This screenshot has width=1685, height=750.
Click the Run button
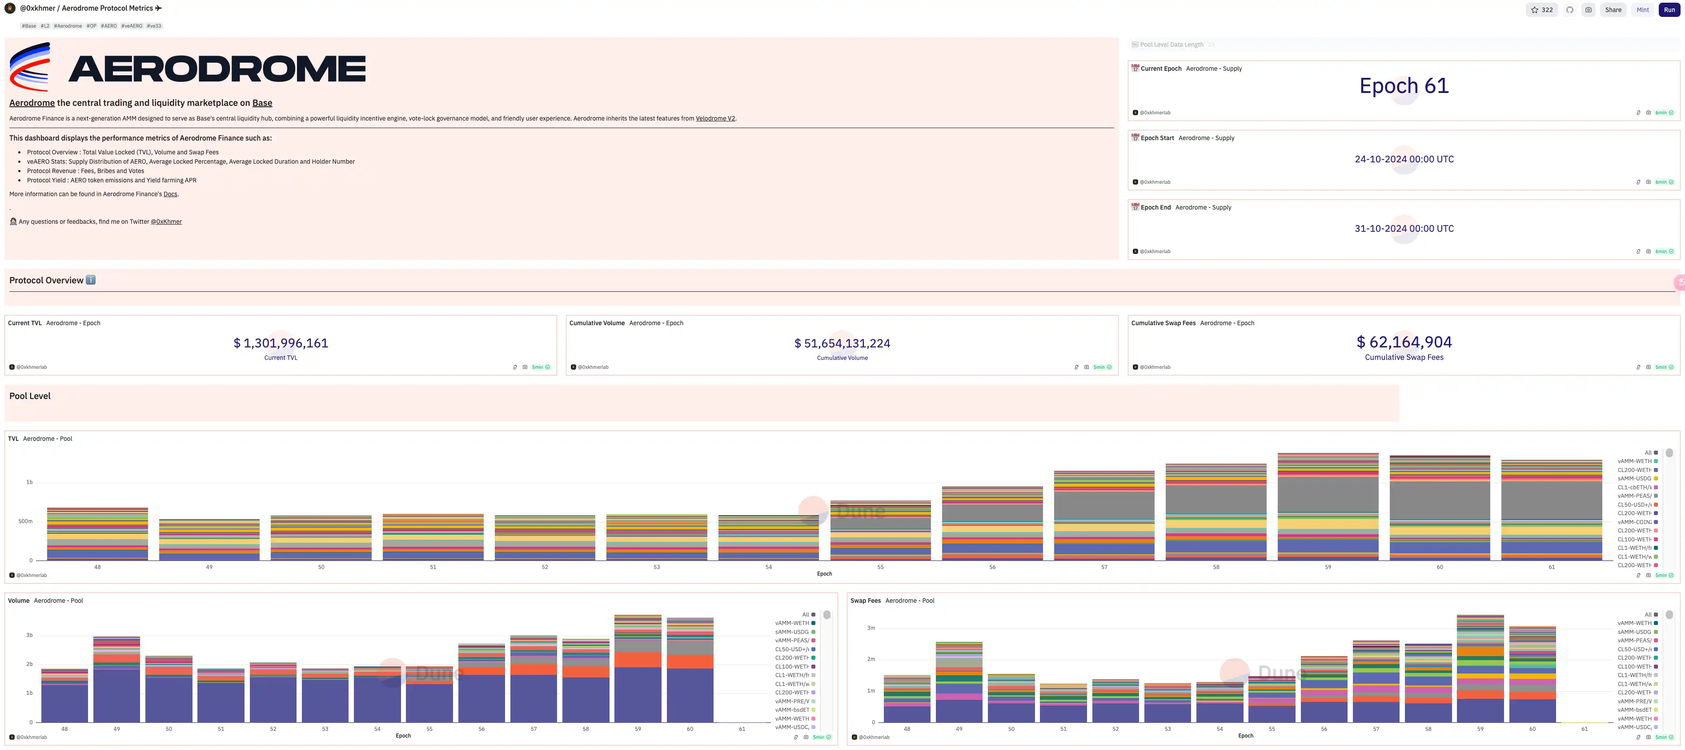1669,10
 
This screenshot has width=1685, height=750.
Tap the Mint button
1642,10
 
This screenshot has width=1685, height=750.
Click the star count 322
1542,10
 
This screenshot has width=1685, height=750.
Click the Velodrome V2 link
715,118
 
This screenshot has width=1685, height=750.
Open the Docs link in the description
170,194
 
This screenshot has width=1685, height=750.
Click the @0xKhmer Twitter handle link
166,222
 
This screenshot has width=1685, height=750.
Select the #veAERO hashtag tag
132,26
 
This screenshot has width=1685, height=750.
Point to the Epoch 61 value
1404,86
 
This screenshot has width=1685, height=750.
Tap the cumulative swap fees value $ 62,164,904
1404,342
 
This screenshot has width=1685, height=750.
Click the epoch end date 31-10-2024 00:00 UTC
1404,228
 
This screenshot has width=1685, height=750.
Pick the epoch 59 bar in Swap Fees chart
1480,668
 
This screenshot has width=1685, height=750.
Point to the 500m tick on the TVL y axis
25,522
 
